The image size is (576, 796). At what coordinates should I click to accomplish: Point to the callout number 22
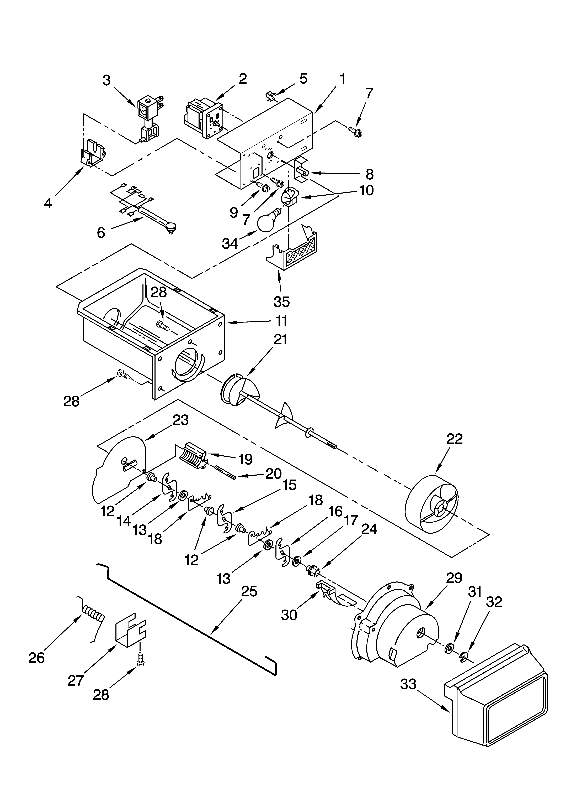(455, 439)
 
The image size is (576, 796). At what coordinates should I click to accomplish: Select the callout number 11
(281, 321)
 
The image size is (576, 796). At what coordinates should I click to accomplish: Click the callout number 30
(289, 615)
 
